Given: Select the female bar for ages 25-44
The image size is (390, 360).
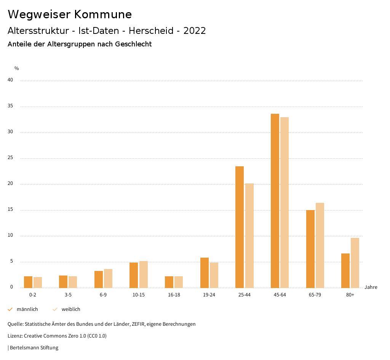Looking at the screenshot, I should [249, 236].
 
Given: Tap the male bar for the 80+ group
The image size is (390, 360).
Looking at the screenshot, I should [345, 271].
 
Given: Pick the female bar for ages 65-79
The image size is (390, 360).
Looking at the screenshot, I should [320, 245].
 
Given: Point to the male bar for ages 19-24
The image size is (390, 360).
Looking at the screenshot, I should [205, 272].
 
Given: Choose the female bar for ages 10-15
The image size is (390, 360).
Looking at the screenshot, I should [144, 274].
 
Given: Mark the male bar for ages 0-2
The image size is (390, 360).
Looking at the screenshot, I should [28, 282].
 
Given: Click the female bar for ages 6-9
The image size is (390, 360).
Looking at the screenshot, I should [108, 278].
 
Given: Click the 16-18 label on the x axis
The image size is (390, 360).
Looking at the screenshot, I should [174, 295].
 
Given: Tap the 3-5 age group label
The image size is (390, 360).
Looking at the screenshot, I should [68, 295].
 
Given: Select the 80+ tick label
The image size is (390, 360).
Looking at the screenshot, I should [350, 295].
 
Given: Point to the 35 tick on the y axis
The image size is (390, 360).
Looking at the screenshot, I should [10, 106].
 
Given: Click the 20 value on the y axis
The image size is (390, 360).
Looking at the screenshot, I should [10, 184].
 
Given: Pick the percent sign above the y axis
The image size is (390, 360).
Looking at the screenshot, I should [17, 68].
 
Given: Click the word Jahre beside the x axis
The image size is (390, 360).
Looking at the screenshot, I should [371, 287].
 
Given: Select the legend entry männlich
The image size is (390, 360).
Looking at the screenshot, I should [27, 309].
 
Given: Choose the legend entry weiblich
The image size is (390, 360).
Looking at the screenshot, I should [71, 309].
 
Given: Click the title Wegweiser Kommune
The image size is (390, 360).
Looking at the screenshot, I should [70, 14].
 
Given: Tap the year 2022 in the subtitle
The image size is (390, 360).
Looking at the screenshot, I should [195, 31].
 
